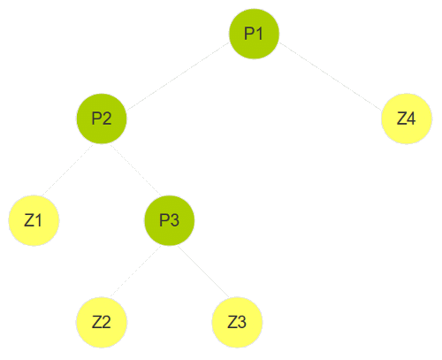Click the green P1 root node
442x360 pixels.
point(254,34)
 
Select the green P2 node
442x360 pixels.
point(102,119)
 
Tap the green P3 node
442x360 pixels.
point(170,220)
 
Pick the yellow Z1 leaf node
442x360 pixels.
point(34,220)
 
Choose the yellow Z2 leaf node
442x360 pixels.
point(102,322)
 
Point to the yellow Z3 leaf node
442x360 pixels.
point(237,322)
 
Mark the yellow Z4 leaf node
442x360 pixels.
point(407,119)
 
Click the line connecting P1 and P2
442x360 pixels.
point(178,76)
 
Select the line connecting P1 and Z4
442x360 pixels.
point(331,76)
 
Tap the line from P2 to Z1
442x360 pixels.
point(68,170)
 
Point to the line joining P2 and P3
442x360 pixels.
point(135,170)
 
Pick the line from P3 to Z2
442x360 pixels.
point(135,272)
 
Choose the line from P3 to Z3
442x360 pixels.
point(203,272)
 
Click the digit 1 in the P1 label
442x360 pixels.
point(258,34)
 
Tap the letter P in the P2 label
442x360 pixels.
point(96,119)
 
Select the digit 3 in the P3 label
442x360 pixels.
point(174,220)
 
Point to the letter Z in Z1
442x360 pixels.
point(29,220)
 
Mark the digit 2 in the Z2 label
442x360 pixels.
point(106,322)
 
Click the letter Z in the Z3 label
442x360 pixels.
point(232,322)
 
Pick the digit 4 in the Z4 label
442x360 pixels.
point(411,119)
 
